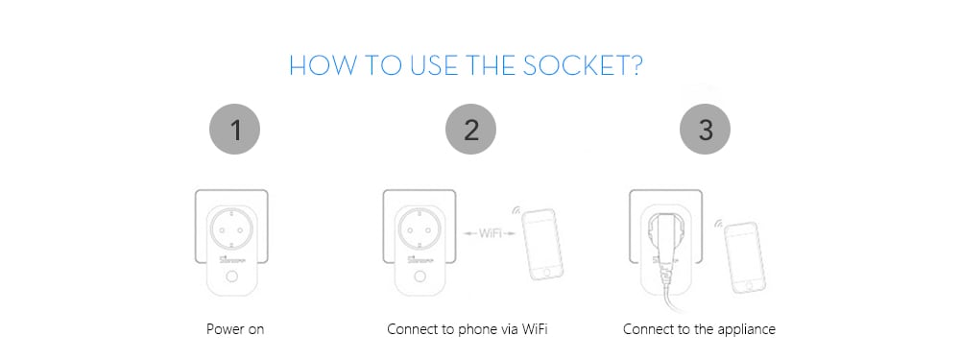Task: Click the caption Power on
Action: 235,329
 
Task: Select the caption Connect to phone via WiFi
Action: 468,329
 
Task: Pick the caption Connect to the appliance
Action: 699,329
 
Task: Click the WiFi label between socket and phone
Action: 483,232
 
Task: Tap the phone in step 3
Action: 742,254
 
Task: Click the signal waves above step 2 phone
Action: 516,208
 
